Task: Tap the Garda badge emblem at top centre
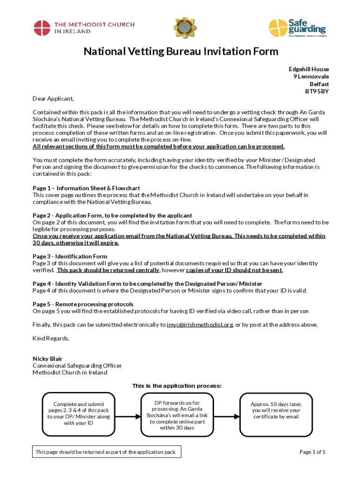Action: click(182, 28)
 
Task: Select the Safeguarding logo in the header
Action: click(297, 28)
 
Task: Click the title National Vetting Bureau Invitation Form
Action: click(181, 51)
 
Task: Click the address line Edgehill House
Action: click(309, 69)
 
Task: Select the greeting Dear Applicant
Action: click(53, 99)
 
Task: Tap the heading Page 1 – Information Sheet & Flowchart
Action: click(86, 188)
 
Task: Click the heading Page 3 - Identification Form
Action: click(70, 256)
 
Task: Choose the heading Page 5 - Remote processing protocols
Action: click(83, 304)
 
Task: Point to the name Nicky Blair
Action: click(47, 359)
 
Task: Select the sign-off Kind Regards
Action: click(51, 338)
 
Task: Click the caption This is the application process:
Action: click(177, 386)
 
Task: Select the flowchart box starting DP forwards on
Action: click(177, 415)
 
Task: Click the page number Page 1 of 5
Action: click(312, 452)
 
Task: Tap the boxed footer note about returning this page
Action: click(107, 452)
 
